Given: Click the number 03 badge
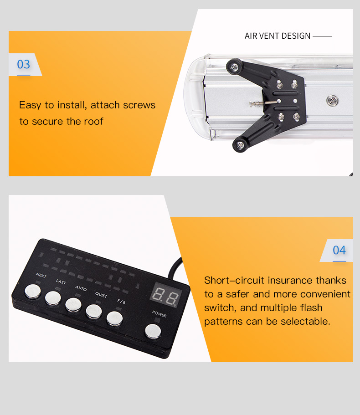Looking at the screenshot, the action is point(24,64).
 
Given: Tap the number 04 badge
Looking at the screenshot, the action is point(339,251).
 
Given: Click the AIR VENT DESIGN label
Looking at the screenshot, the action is point(278,36).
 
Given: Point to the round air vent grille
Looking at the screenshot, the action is point(333,101).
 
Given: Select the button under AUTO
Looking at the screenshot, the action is point(73,305).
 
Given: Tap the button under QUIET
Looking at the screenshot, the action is point(94,311).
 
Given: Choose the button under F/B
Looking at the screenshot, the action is point(114,318).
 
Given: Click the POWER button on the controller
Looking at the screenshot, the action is point(153,332).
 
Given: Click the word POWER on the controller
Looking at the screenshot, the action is point(159,314).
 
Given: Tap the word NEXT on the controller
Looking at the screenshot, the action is point(41,275).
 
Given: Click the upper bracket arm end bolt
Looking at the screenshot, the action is point(234,67).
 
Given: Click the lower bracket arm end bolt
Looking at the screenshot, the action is point(240,145).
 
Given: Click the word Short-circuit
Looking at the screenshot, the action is point(234,280).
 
